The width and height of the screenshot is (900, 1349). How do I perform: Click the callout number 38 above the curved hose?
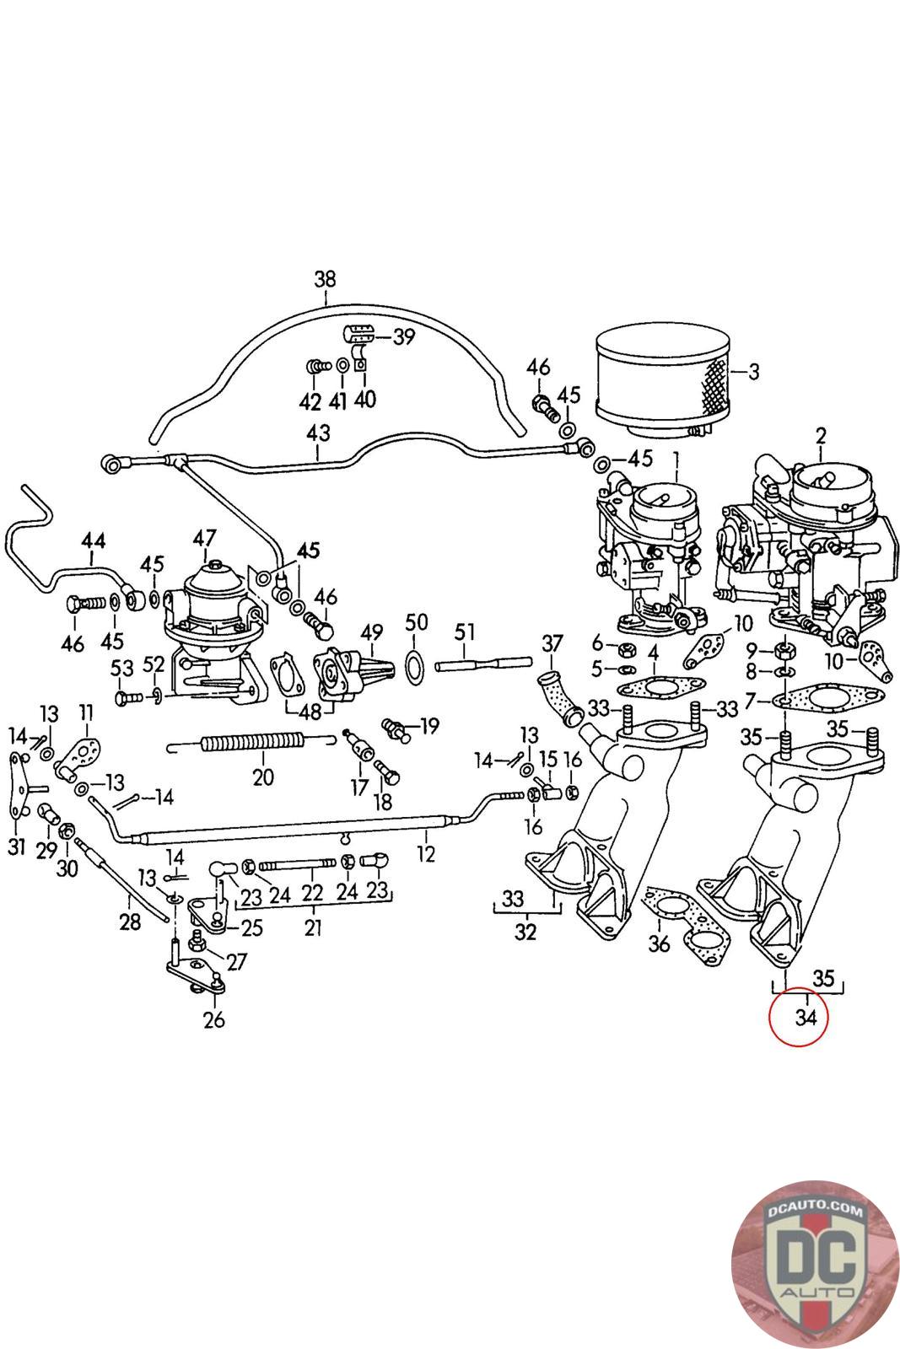[325, 279]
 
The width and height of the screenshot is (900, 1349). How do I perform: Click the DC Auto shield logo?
[815, 1266]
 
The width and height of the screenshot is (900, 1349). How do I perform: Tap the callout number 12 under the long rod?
[425, 853]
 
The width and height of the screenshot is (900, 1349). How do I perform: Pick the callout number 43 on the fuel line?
[318, 433]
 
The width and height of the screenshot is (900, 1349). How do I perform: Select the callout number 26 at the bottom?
[214, 1019]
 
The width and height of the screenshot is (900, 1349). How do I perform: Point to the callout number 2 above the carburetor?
[821, 435]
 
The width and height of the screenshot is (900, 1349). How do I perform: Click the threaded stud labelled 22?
[297, 866]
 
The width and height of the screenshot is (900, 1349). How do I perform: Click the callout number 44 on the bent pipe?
[94, 540]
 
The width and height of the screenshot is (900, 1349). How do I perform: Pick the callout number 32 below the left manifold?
[525, 932]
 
